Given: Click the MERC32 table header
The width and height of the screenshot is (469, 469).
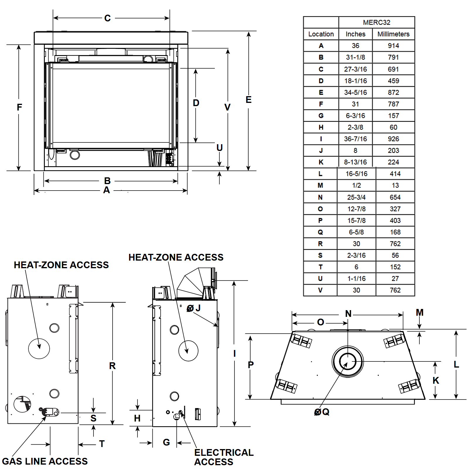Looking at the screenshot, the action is pos(376,22).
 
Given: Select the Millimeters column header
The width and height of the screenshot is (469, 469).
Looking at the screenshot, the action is pos(393,34).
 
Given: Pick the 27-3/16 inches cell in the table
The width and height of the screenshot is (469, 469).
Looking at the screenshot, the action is pos(355,69).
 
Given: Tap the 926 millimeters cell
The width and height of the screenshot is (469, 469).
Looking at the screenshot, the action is pos(393,139).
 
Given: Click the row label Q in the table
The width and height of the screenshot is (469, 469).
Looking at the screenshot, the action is pos(320,232).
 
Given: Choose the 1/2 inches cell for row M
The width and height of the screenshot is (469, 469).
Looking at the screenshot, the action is pos(356,185).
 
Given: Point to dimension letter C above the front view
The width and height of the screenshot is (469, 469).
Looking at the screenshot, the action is pos(108,18).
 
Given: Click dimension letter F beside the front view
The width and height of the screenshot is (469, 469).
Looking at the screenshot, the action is pos(19,107).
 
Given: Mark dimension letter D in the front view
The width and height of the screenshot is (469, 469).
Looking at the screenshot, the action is pos(196,103).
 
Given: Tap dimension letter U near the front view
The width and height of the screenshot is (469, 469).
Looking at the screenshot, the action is pos(220,147).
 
